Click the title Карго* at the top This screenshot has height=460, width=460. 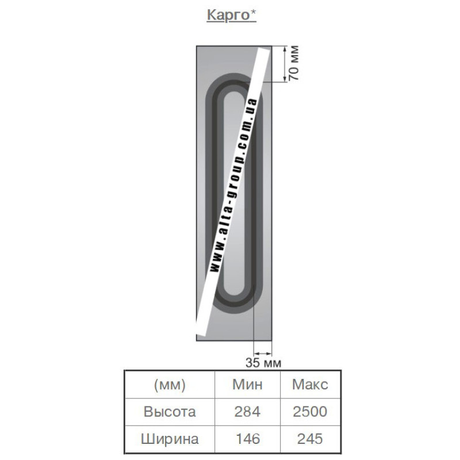point(231,15)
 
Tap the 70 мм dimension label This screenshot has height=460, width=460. point(294,63)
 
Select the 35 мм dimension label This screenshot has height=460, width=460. point(263,363)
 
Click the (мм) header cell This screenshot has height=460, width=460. point(170,385)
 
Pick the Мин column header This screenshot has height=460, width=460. point(247,384)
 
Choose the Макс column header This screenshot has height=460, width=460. point(310,384)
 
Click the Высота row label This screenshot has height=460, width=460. point(170,412)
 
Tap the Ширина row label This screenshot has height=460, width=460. point(170,439)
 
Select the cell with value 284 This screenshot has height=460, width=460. point(247,412)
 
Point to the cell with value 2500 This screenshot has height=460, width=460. point(310,412)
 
